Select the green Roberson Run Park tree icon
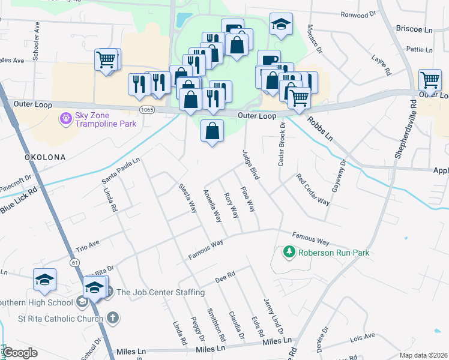coord(290,253)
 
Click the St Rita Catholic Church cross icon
coord(113,317)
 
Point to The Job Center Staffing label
coord(160,293)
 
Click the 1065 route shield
coord(146,110)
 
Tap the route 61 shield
coord(75,262)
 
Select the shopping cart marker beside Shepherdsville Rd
coord(430,80)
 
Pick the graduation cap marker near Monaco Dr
coord(280,25)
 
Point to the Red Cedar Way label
coord(313,190)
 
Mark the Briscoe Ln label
coord(414,29)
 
